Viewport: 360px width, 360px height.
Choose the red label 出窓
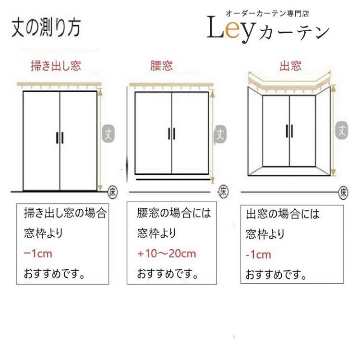(291, 66)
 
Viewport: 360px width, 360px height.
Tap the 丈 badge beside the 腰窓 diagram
(220, 133)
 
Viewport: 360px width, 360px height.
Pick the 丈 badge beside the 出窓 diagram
(342, 129)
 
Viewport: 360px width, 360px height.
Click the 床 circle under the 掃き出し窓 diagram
(112, 190)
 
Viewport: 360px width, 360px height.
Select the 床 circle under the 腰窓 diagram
(224, 191)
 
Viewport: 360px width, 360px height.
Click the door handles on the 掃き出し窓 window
(60, 137)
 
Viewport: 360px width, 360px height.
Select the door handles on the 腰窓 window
(171, 133)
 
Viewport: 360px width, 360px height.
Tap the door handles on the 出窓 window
(289, 130)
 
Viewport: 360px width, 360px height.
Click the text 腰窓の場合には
(174, 213)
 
